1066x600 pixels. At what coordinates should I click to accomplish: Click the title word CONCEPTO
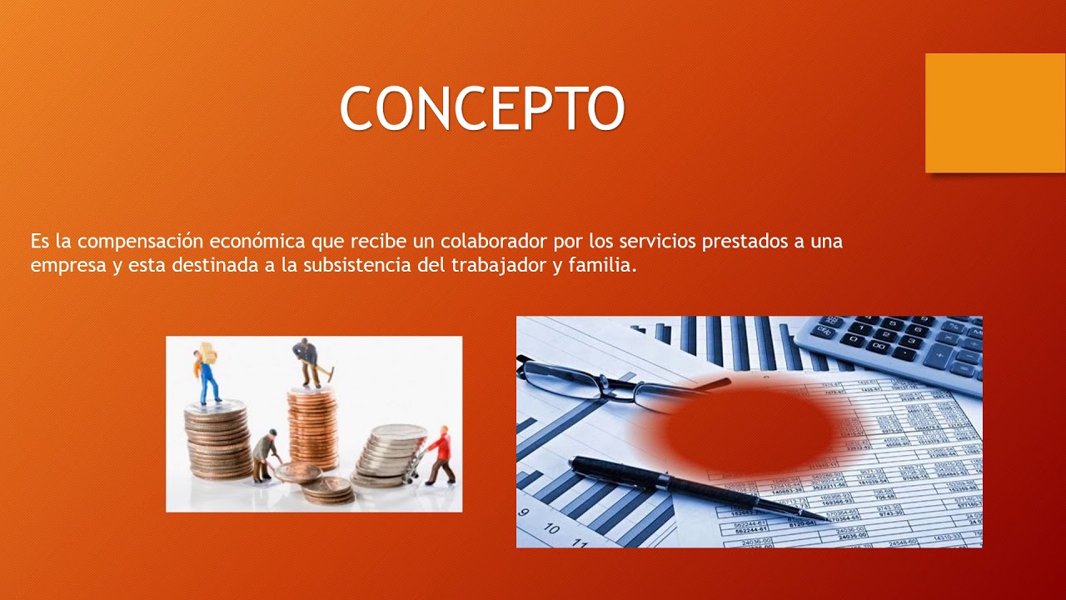coord(481,108)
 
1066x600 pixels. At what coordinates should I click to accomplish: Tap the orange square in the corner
coord(994,112)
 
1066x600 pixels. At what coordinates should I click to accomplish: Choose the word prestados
coord(745,242)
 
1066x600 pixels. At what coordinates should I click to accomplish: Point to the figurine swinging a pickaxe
coord(308,362)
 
